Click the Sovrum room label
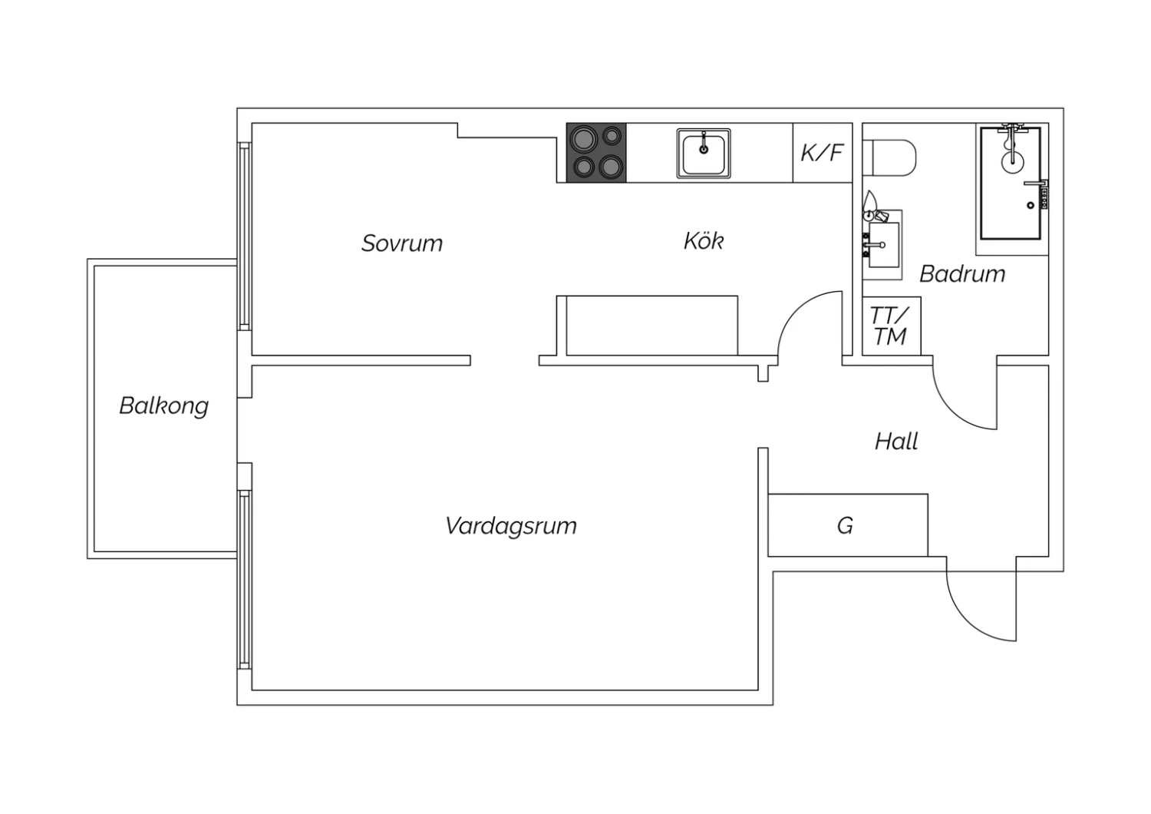pos(402,243)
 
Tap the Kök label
pos(704,240)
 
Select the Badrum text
pos(962,273)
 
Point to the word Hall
pos(896,442)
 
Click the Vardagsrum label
pos(511,526)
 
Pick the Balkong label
pos(164,405)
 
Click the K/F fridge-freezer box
pos(822,153)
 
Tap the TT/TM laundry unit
pos(891,326)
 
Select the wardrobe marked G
pos(848,525)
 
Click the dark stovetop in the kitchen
pos(596,153)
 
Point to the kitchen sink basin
pos(704,154)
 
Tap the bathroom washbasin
pos(883,245)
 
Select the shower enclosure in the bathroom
pos(1011,184)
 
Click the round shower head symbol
pos(1012,161)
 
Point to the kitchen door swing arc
pos(797,309)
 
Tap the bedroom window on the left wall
pos(245,236)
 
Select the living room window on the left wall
pos(245,580)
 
